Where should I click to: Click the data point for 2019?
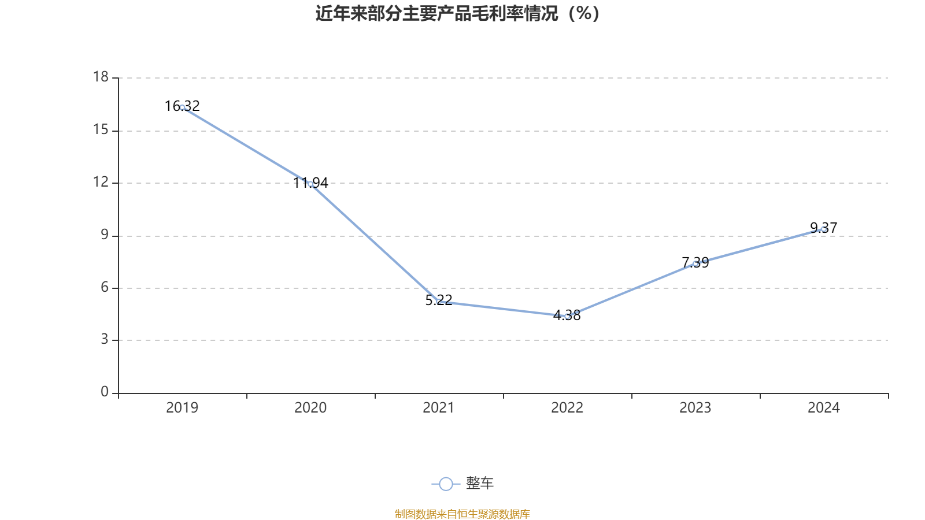coord(183,107)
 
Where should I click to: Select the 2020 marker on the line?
coord(310,184)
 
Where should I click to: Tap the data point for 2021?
coord(439,302)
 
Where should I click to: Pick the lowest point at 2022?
coord(567,316)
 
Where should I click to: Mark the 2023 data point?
coord(695,263)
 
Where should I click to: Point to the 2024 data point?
coord(823,229)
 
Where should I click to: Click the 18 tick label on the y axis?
coord(101,77)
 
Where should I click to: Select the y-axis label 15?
coord(101,130)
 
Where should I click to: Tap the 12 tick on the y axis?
coord(101,183)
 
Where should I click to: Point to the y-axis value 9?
coord(105,235)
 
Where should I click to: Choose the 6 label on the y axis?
coord(105,288)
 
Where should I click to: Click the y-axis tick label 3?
coord(105,340)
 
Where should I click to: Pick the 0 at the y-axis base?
coord(105,392)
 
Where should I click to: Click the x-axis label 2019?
coord(182,408)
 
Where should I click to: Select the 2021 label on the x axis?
coord(439,408)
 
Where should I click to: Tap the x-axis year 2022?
coord(567,408)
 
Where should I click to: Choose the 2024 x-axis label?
coord(823,408)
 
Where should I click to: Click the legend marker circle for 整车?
coord(446,484)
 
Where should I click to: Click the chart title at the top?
coord(457,13)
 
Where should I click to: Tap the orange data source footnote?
coord(462,514)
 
